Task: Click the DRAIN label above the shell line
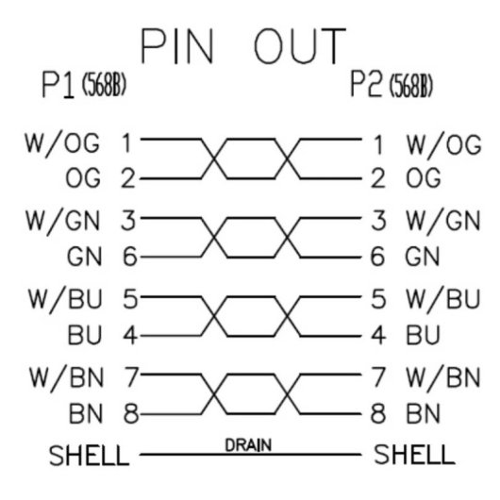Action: click(248, 445)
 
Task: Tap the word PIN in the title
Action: click(177, 46)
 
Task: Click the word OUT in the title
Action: click(300, 46)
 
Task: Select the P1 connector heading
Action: click(58, 86)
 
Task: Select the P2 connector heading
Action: click(366, 84)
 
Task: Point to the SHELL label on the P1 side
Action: click(90, 456)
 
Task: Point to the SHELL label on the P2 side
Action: click(414, 454)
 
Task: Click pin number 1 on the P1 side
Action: click(127, 143)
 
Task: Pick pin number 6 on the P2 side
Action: click(377, 257)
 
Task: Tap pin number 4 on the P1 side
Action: click(130, 335)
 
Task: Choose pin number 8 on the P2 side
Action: click(378, 414)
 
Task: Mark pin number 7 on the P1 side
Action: click(131, 377)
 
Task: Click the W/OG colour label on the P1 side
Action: click(62, 145)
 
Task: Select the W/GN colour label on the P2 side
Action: click(443, 223)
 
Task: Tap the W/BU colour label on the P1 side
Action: click(65, 300)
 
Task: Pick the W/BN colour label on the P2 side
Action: click(443, 379)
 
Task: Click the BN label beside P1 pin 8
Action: click(86, 414)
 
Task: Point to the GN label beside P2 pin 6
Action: click(423, 257)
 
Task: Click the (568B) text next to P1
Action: click(105, 85)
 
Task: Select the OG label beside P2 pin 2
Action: click(424, 177)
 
